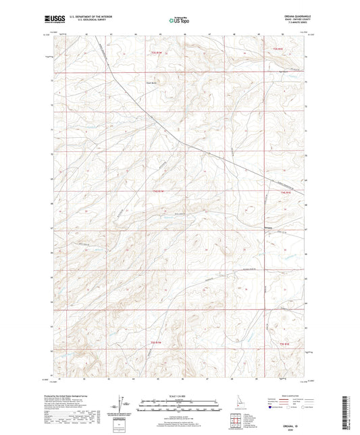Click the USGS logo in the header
click(54, 20)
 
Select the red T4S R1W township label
click(158, 192)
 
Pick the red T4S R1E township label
click(285, 193)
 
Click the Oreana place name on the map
click(269, 228)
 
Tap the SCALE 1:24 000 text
click(180, 396)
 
